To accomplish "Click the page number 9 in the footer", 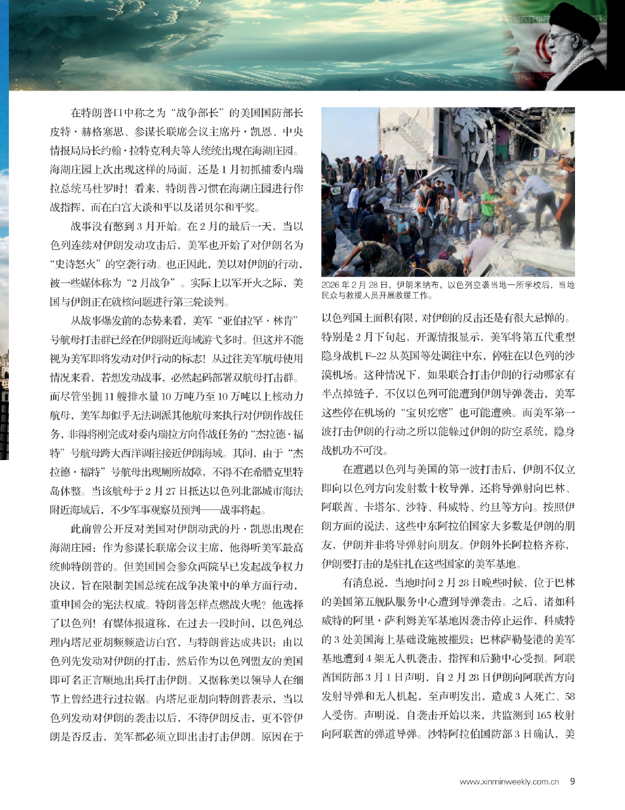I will pyautogui.click(x=572, y=781).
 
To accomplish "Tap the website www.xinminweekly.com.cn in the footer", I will pyautogui.click(x=509, y=782).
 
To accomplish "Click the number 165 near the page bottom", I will pyautogui.click(x=542, y=715).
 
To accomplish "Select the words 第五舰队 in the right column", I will pyautogui.click(x=404, y=601).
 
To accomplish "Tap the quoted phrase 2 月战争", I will pyautogui.click(x=142, y=282).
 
